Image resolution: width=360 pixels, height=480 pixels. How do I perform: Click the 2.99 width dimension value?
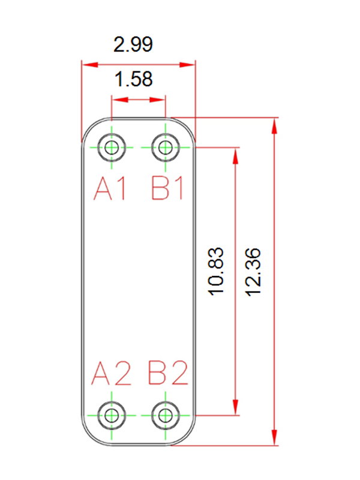tap(133, 44)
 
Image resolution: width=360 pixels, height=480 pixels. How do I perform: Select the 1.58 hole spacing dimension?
tap(133, 79)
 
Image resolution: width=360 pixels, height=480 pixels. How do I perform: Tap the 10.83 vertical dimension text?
tap(216, 271)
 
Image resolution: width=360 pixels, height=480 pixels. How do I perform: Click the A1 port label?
tap(110, 188)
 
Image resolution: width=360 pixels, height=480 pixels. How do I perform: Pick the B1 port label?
tap(167, 188)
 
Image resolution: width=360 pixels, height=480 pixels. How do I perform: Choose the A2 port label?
tap(111, 373)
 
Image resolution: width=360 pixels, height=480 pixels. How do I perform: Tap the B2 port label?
tap(168, 373)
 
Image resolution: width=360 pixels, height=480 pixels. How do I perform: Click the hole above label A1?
tap(112, 148)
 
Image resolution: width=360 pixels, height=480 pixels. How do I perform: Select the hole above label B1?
tap(166, 148)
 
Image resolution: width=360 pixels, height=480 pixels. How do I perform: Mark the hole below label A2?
tap(112, 416)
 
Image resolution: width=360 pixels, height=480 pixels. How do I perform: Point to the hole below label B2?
tap(166, 416)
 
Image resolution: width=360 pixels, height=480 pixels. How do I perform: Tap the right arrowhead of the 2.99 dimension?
tap(187, 65)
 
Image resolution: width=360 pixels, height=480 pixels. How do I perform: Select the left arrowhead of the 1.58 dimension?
tap(119, 100)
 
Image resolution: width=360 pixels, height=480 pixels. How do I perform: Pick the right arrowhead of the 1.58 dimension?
tap(157, 100)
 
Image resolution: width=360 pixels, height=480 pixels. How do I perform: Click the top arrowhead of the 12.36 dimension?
tap(275, 125)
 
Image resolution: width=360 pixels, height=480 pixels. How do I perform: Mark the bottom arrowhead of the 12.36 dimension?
tap(275, 437)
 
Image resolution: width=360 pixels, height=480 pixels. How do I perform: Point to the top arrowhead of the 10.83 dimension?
tap(235, 155)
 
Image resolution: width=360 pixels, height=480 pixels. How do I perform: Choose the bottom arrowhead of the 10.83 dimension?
tap(235, 407)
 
